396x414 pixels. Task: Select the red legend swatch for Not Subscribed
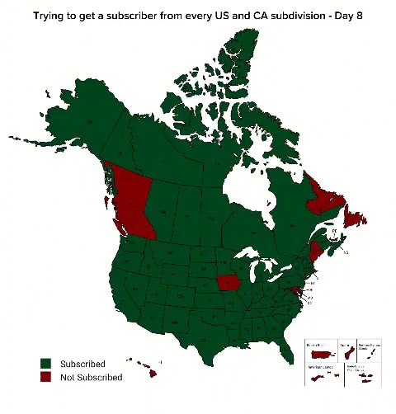click(x=47, y=377)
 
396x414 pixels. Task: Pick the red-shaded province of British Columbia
click(x=132, y=202)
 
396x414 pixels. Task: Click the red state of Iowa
click(x=228, y=285)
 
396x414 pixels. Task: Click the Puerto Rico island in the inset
click(x=318, y=353)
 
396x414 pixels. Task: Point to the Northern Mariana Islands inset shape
click(x=370, y=353)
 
